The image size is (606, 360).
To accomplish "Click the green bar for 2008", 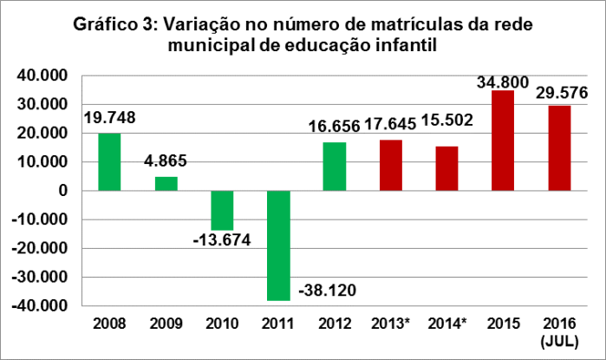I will [109, 162].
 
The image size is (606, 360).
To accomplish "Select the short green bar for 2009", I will [166, 184].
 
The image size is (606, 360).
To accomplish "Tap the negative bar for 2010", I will [222, 210].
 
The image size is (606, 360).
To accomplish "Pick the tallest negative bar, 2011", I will [278, 245].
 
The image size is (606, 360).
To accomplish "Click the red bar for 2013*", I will [390, 165].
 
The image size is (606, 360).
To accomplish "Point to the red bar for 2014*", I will [446, 168].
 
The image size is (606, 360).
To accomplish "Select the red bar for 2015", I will [503, 141].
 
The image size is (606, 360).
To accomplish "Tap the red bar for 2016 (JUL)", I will [559, 147].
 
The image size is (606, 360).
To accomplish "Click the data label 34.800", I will [503, 82].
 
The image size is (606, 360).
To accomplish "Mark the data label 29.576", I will [559, 93].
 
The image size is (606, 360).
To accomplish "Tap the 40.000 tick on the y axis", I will [47, 76].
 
